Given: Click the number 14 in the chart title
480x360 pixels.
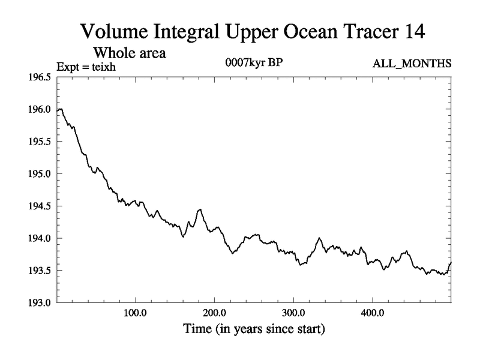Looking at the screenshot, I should (412, 31).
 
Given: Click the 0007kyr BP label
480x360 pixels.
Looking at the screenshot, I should (251, 64).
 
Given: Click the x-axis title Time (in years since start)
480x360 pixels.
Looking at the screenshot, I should (254, 329).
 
